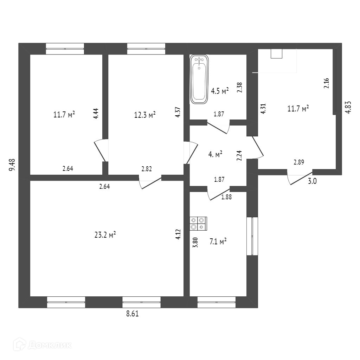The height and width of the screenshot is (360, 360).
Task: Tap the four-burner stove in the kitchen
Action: point(198,224)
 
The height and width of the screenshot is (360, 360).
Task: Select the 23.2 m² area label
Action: point(105,235)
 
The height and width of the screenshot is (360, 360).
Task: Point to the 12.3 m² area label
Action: point(145,115)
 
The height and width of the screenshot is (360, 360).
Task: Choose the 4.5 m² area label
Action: point(220,91)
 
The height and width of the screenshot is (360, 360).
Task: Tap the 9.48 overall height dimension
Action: point(12,165)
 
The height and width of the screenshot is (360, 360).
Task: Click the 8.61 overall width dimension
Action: point(132,314)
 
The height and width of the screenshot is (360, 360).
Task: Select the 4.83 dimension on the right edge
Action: point(348,107)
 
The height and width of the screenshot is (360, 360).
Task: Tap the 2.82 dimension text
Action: point(147,169)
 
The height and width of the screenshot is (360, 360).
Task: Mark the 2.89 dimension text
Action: point(299,162)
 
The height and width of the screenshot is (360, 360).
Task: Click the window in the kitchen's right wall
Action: point(252,236)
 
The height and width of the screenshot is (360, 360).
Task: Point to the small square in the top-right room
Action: point(277,53)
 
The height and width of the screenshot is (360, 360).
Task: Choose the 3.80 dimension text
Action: point(195,243)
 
